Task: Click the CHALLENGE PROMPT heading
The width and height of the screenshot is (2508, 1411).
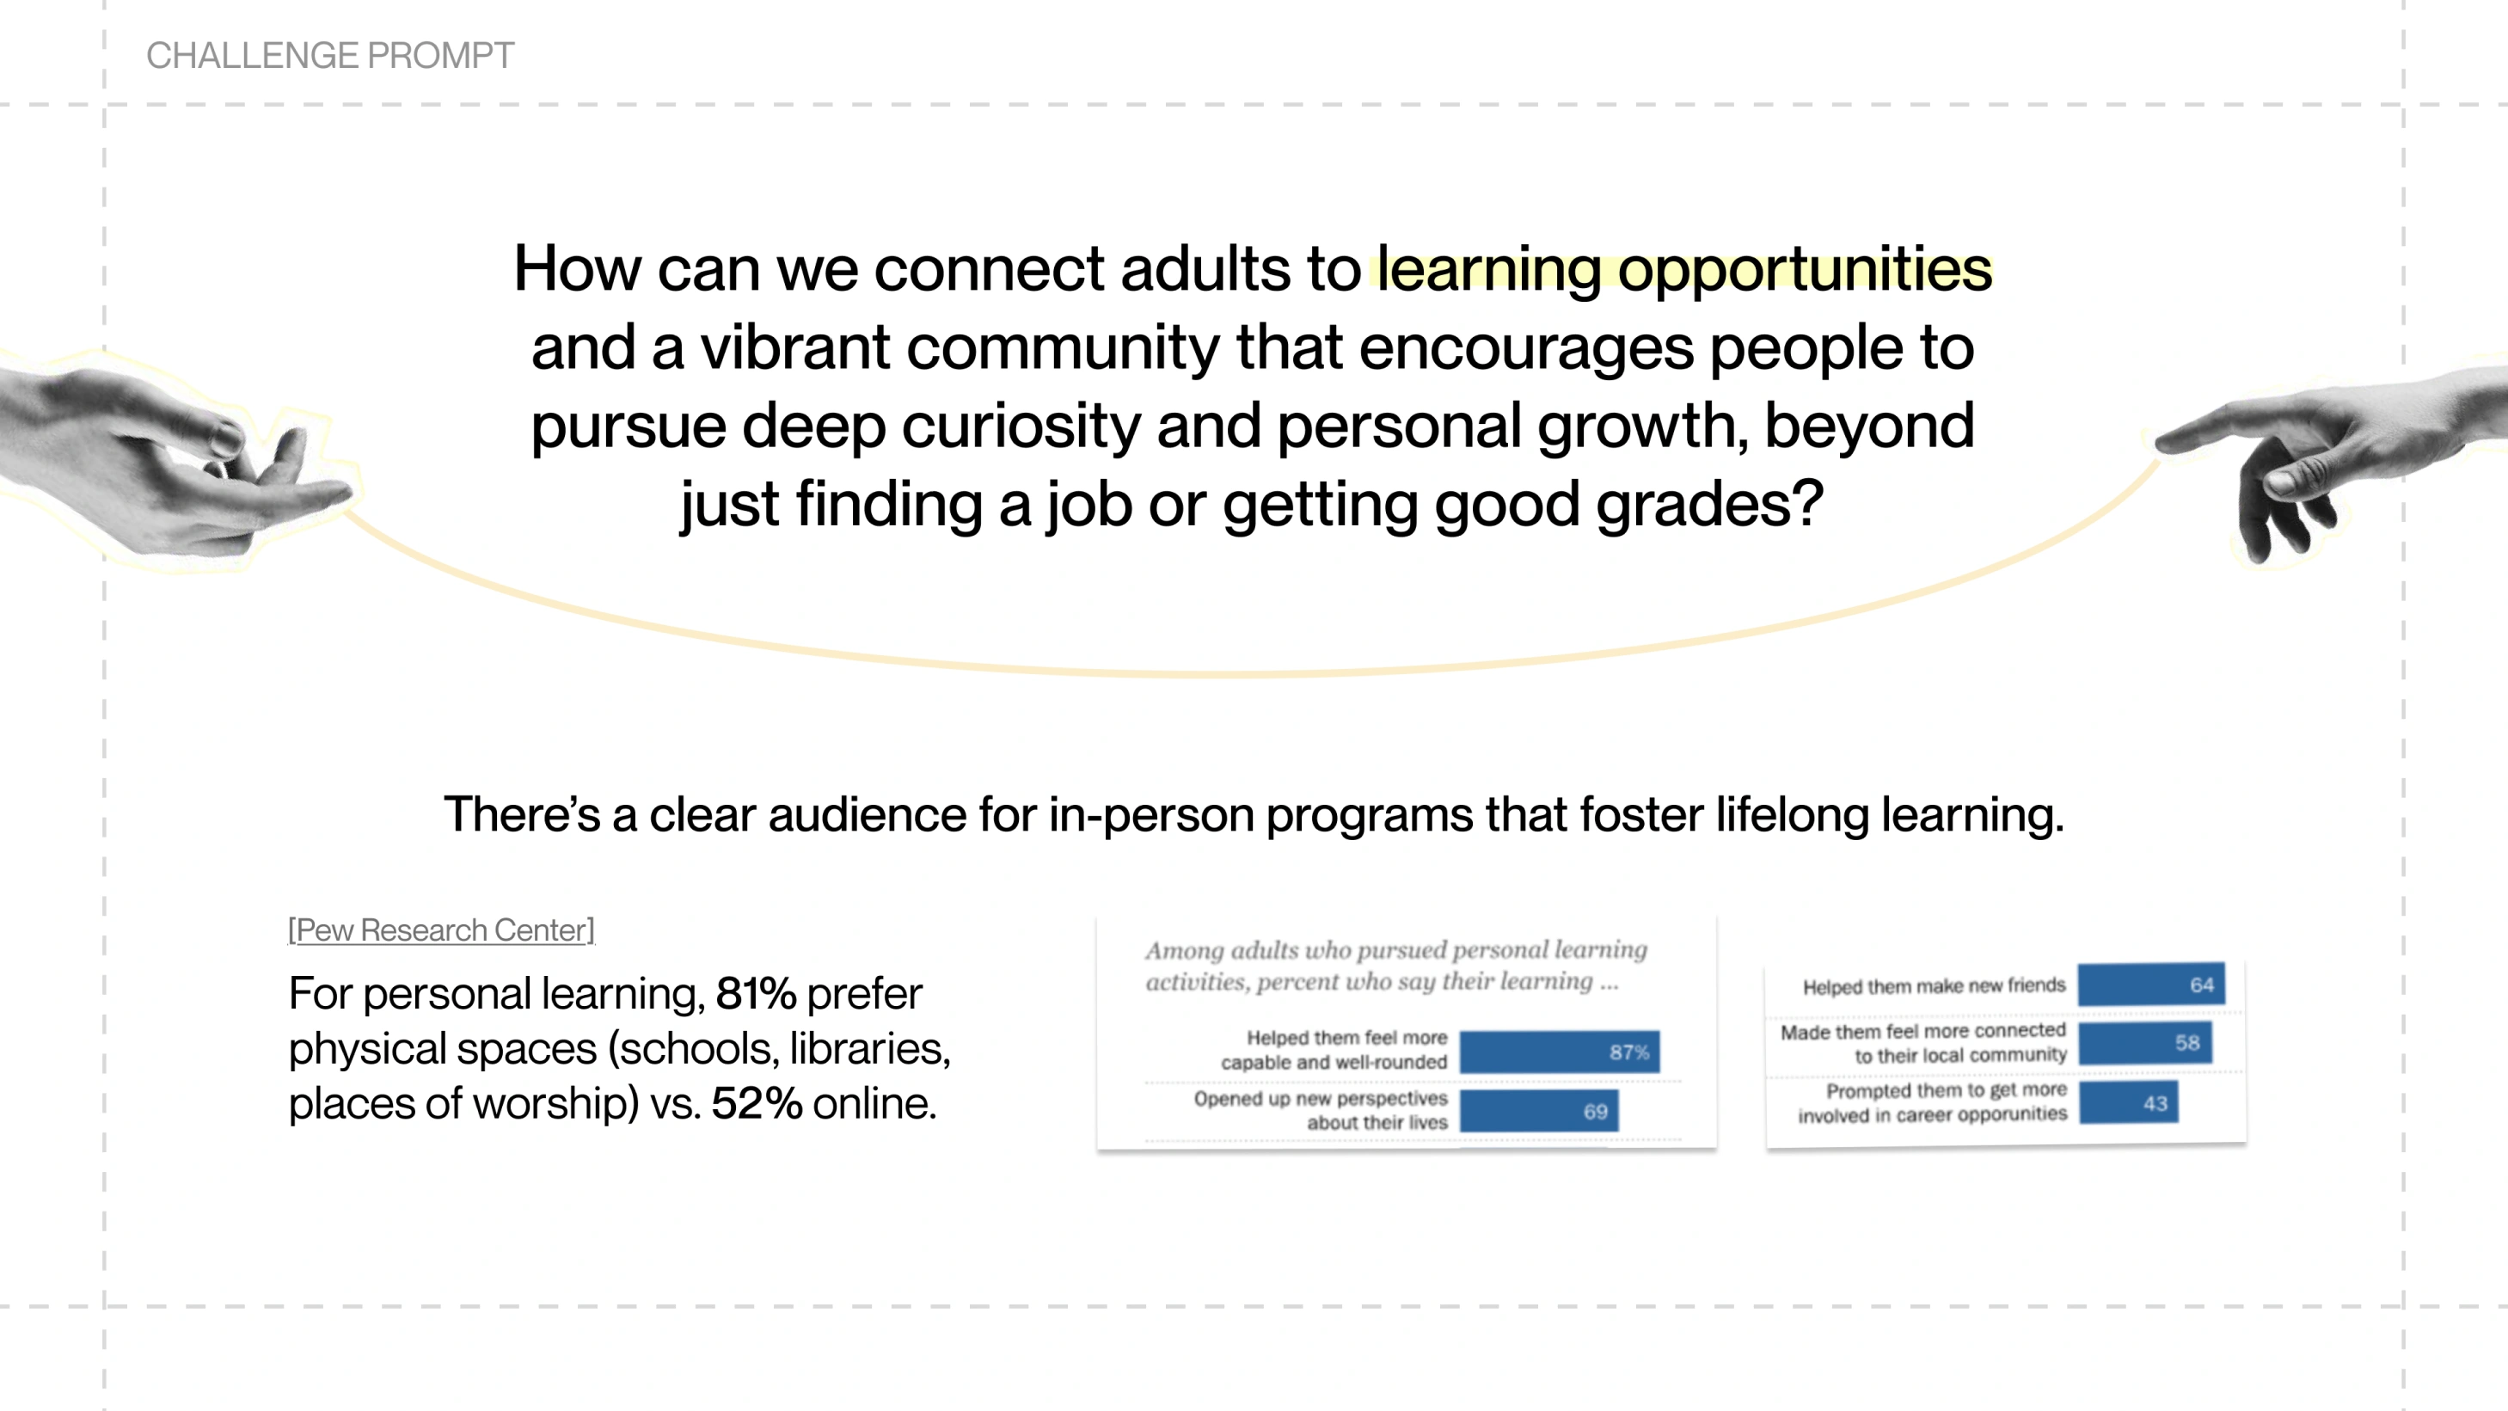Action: click(x=330, y=56)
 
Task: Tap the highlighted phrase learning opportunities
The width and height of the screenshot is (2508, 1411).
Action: click(x=1683, y=271)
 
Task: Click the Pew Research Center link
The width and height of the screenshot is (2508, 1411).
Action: click(x=441, y=930)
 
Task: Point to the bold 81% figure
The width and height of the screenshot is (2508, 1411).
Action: click(x=756, y=993)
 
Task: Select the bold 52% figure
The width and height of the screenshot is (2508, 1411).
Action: click(x=757, y=1103)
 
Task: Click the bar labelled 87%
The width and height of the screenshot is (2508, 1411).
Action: click(x=1560, y=1052)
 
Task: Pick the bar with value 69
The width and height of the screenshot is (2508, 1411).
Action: click(x=1539, y=1111)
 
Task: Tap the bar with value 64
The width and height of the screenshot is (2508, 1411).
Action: click(x=2150, y=985)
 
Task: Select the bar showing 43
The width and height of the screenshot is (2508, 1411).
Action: click(x=2128, y=1103)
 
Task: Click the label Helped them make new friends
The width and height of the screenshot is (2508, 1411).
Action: click(x=1934, y=986)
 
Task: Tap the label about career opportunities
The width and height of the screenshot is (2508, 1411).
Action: click(x=1932, y=1102)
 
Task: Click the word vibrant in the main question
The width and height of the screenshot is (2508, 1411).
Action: click(x=794, y=347)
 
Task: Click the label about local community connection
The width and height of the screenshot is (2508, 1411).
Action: click(x=1922, y=1043)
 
